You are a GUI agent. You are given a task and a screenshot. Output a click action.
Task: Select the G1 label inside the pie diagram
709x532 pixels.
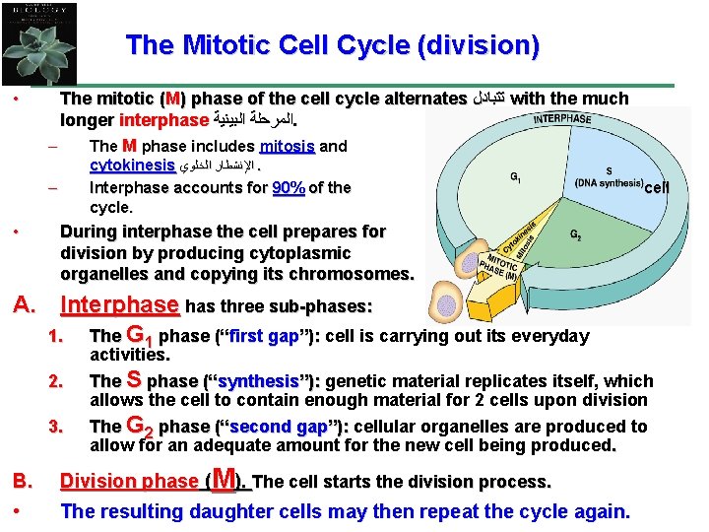pyautogui.click(x=515, y=177)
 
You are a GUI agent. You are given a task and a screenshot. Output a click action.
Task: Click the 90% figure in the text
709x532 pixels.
pyautogui.click(x=288, y=187)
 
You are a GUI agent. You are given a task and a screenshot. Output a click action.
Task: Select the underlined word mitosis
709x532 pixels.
pyautogui.click(x=288, y=146)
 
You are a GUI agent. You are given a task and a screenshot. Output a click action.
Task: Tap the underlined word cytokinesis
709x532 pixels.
pyautogui.click(x=132, y=166)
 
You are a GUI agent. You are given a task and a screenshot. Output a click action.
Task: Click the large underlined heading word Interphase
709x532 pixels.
pyautogui.click(x=120, y=304)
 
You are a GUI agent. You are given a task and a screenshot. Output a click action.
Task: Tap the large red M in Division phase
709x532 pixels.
pyautogui.click(x=224, y=479)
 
